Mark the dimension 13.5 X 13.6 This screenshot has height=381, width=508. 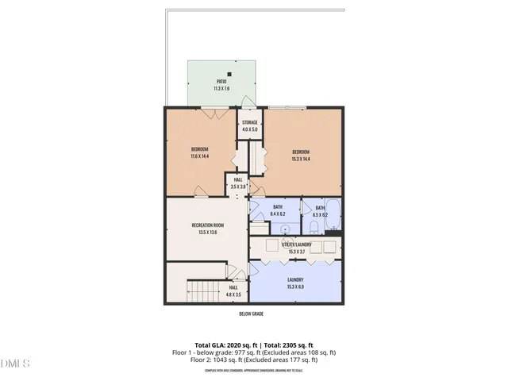point(207,232)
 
